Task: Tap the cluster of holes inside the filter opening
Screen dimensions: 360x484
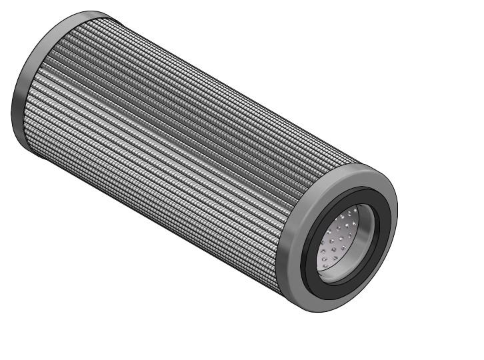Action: [x=337, y=243]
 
